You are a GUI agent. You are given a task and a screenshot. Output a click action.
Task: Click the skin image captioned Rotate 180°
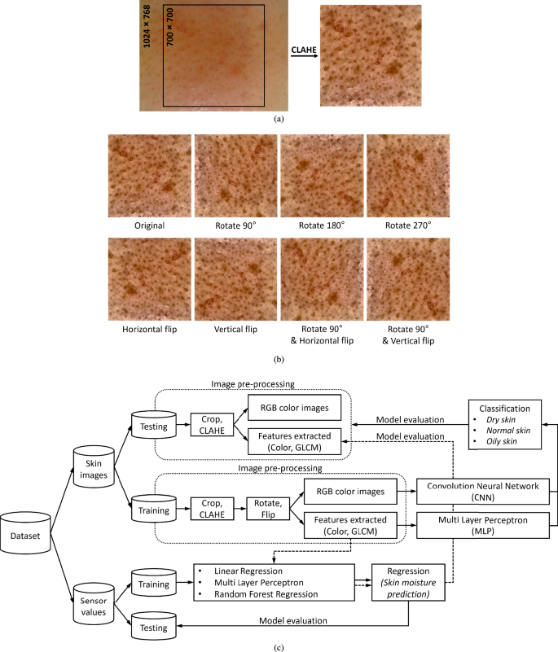pyautogui.click(x=322, y=176)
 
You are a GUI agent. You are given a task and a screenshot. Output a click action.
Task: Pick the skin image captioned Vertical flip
pyautogui.click(x=235, y=278)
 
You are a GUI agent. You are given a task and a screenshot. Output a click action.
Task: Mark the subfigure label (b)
pyautogui.click(x=279, y=358)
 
